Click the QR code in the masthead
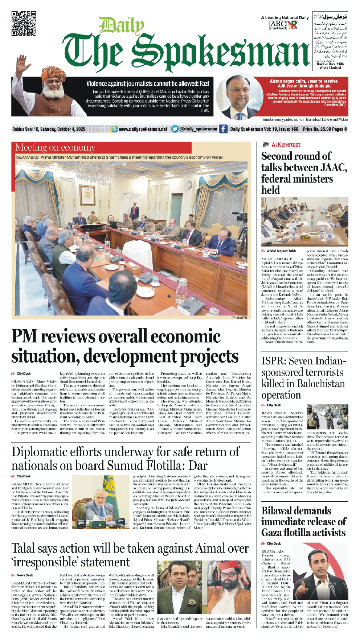click(24, 24)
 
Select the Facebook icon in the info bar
click(223, 129)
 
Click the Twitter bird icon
click(175, 129)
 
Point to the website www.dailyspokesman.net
click(143, 129)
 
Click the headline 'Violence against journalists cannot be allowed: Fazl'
click(147, 83)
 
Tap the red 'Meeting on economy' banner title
click(55, 147)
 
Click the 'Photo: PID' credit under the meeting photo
click(240, 318)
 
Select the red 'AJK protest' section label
click(286, 144)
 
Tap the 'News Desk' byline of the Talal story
click(25, 575)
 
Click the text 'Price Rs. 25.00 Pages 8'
click(324, 129)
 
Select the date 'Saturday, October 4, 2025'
click(64, 129)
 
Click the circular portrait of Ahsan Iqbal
click(239, 97)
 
